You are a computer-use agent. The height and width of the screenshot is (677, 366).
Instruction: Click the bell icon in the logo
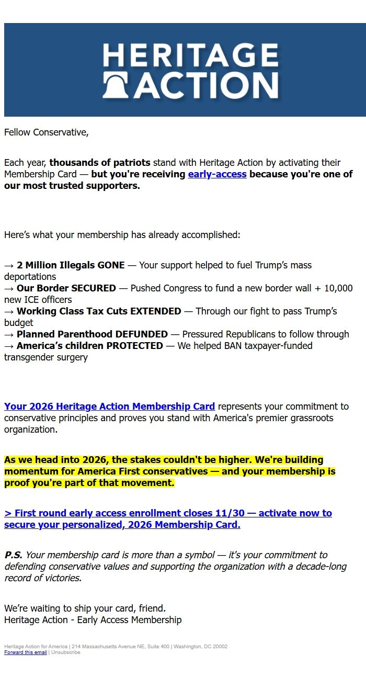click(118, 85)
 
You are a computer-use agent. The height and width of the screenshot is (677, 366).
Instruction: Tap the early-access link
click(217, 174)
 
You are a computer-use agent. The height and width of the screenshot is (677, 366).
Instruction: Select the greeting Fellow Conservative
click(46, 132)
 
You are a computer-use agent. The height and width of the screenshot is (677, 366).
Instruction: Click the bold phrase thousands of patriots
click(99, 163)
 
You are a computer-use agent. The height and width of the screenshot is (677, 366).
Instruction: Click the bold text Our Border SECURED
click(66, 288)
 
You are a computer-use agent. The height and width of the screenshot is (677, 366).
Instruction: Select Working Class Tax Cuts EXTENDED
click(99, 311)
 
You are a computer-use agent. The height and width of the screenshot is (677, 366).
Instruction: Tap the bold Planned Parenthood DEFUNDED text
click(92, 334)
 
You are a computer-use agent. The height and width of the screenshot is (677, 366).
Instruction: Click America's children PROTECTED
click(90, 346)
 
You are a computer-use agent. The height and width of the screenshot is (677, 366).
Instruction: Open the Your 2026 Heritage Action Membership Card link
click(109, 407)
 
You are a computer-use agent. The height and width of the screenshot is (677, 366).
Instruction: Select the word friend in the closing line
click(151, 608)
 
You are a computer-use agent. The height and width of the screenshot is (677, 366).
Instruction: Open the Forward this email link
click(26, 652)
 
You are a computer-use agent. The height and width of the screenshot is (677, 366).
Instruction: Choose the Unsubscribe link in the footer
click(65, 652)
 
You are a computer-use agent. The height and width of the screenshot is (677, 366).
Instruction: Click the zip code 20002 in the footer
click(220, 647)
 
